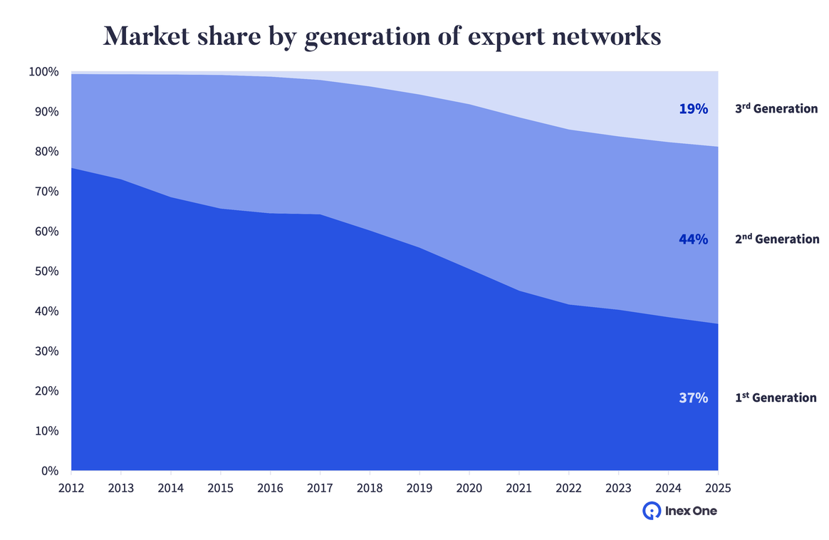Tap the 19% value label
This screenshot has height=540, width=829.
point(693,109)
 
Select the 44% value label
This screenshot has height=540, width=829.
point(693,239)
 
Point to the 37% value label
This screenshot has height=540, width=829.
point(693,398)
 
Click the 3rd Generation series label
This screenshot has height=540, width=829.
point(776,109)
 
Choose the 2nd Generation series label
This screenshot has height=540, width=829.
point(777,239)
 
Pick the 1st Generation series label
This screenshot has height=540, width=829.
point(776,398)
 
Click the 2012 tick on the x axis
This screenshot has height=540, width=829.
point(71,488)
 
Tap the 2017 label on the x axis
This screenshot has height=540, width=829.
point(320,488)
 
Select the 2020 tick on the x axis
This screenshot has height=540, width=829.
point(469,488)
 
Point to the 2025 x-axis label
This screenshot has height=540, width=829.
point(718,488)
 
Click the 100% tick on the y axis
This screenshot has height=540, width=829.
point(43,72)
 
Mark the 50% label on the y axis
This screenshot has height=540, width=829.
point(46,271)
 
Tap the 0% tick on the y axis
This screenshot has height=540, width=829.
point(49,471)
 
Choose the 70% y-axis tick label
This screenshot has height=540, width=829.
point(46,192)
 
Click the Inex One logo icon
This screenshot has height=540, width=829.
point(651,511)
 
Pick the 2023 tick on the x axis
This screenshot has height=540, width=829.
point(618,488)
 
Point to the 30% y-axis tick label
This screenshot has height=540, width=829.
point(46,351)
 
